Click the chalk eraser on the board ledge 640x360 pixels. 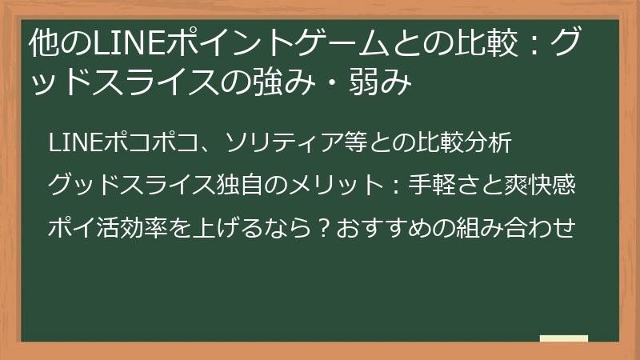(563, 338)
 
